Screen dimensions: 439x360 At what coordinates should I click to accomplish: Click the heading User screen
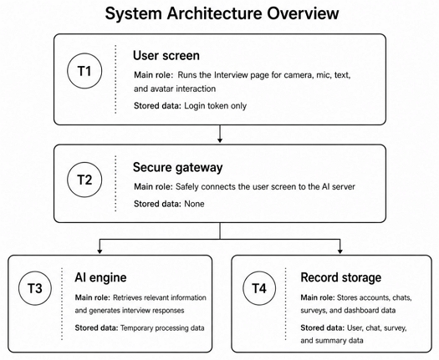[x=166, y=55]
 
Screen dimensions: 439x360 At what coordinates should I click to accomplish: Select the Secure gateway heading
[x=178, y=167]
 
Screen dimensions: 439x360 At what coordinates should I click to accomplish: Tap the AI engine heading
[x=100, y=277]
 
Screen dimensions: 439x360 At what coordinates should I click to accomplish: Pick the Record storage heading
[x=340, y=277]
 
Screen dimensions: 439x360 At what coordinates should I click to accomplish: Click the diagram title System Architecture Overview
[x=222, y=13]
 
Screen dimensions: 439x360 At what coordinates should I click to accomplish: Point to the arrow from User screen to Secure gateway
[x=220, y=134]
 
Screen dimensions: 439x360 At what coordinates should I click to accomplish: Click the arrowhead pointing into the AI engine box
[x=100, y=251]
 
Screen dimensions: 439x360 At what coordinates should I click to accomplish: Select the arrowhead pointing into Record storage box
[x=339, y=251]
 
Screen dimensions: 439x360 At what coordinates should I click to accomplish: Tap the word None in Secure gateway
[x=194, y=204]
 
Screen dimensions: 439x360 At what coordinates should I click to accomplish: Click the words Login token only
[x=215, y=106]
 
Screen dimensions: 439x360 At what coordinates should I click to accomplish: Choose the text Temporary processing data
[x=162, y=327]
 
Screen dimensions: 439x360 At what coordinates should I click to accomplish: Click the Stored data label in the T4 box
[x=322, y=327]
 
